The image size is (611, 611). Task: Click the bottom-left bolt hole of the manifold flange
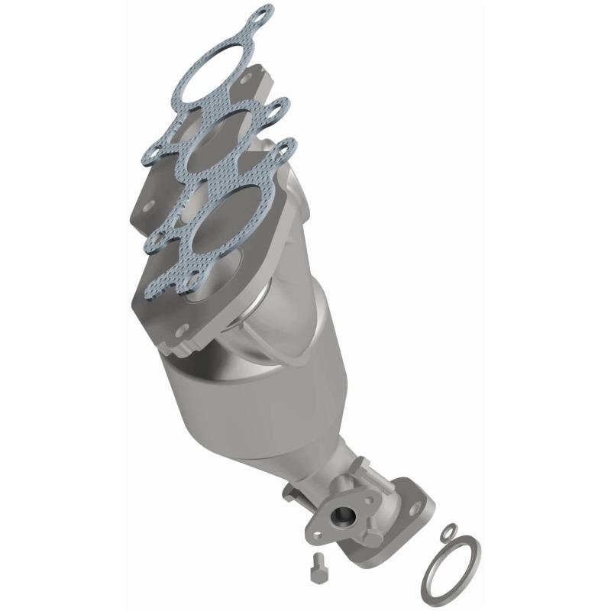pos(181,331)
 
